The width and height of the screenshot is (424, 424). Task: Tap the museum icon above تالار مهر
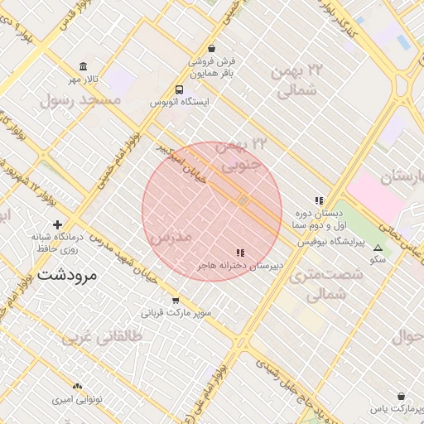point(82,66)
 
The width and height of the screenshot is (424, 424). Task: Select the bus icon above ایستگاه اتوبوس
point(180,90)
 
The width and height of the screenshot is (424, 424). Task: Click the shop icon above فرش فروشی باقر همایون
point(212,48)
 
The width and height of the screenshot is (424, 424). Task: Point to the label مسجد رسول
point(86,99)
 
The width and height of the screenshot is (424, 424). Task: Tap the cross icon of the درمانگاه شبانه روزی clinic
point(57,224)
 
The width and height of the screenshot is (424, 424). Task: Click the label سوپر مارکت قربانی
point(176,314)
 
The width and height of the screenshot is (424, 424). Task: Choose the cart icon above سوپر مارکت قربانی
point(176,301)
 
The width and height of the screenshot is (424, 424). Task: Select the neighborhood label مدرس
point(171,238)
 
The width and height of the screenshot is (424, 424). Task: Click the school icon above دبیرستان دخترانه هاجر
point(240,253)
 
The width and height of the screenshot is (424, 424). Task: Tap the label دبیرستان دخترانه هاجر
point(240,266)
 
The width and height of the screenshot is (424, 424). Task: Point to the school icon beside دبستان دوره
point(318,200)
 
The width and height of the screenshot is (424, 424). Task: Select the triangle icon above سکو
point(378,248)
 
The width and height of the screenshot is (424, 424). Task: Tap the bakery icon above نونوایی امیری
point(77,387)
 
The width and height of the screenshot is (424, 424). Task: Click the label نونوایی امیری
point(77,399)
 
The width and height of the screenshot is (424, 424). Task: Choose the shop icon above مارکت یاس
point(402,397)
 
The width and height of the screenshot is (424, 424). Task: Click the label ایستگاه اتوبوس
point(180,103)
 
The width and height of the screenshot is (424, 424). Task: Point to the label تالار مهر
point(83,79)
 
